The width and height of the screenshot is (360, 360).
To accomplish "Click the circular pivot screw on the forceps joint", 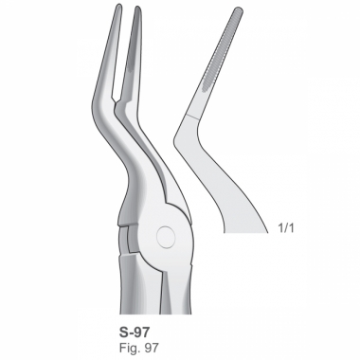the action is (166, 237).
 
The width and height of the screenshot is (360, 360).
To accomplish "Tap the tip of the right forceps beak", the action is (137, 7).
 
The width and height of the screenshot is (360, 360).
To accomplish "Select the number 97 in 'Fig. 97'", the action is (152, 348).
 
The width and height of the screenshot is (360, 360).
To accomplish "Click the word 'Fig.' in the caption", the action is (130, 348).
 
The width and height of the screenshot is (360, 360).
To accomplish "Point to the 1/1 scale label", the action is (286, 228).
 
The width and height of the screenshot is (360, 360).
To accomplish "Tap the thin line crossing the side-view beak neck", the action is (192, 117).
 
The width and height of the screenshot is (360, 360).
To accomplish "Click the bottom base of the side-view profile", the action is (245, 233).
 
